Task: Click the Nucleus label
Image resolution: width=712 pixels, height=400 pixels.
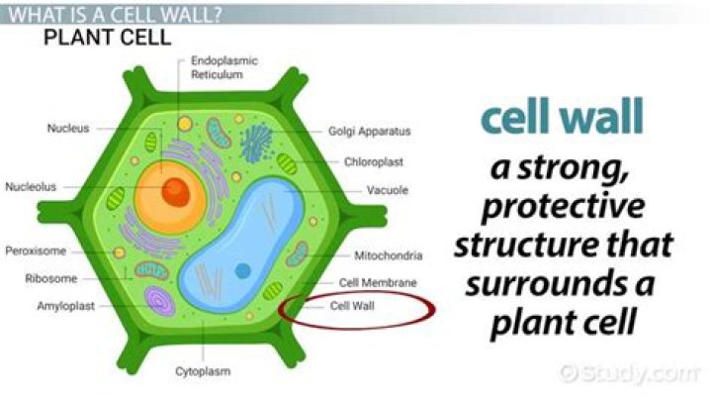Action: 67,128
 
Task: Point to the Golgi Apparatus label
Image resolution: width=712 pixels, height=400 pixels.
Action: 369,131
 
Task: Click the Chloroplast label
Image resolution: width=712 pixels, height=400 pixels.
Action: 371,160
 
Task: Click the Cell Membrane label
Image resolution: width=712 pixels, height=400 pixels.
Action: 378,282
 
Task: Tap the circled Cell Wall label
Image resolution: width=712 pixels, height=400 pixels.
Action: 352,306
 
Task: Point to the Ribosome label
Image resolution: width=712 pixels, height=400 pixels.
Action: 50,278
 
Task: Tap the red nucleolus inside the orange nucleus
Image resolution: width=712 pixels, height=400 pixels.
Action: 175,192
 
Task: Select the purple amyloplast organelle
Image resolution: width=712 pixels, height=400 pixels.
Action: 157,301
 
